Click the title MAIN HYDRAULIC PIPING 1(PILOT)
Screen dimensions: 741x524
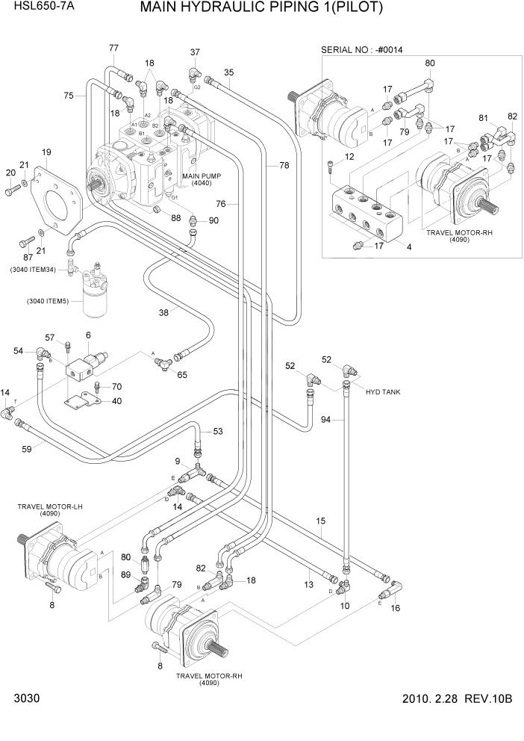pyautogui.click(x=261, y=9)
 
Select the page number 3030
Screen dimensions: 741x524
pyautogui.click(x=25, y=699)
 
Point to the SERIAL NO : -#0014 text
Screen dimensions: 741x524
pyautogui.click(x=366, y=49)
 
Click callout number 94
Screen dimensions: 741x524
pyautogui.click(x=325, y=421)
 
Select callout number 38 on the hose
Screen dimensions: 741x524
pyautogui.click(x=163, y=313)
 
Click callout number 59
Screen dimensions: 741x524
pyautogui.click(x=26, y=449)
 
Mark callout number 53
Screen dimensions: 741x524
pyautogui.click(x=217, y=431)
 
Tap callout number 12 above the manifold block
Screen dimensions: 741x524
pyautogui.click(x=349, y=156)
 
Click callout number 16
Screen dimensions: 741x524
pyautogui.click(x=396, y=608)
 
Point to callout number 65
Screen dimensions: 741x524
pyautogui.click(x=181, y=374)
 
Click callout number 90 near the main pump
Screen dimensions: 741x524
pyautogui.click(x=213, y=220)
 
